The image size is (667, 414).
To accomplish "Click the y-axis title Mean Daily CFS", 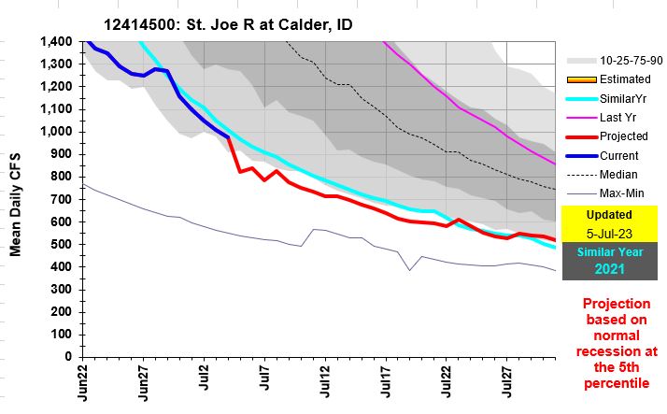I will pos(16,199).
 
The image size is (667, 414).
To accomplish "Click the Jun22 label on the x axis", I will pos(84,383).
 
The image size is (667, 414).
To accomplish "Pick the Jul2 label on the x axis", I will pos(204,383).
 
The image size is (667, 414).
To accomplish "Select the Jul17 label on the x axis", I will pos(385,383).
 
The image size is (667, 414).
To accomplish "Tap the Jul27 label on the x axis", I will pos(505,383).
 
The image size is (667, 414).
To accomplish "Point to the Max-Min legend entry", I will pos(617,193).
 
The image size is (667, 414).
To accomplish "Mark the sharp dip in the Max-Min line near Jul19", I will pos(408,270).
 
